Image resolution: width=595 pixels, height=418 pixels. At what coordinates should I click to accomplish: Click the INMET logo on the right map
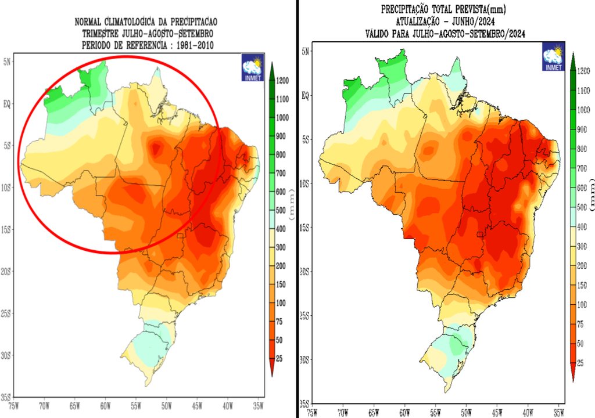(x=553, y=59)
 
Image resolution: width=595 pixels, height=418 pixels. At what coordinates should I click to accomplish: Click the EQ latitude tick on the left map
(x=8, y=103)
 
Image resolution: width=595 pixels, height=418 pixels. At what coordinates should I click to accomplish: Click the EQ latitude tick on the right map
(x=306, y=95)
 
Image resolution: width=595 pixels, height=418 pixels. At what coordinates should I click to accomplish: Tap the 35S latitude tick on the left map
(x=7, y=397)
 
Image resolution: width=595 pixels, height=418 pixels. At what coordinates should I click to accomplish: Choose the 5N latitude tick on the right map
(x=306, y=51)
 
